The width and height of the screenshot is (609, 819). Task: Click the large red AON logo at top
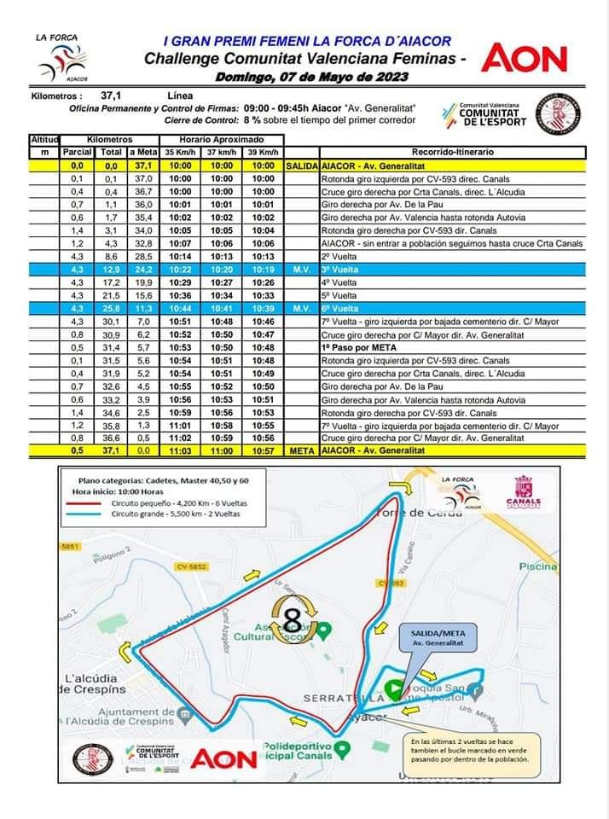pyautogui.click(x=525, y=58)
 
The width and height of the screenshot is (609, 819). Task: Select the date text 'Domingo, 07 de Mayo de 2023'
pyautogui.click(x=311, y=77)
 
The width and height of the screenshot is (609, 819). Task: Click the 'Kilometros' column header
pyautogui.click(x=108, y=138)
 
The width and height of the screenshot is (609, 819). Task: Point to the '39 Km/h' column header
pyautogui.click(x=264, y=152)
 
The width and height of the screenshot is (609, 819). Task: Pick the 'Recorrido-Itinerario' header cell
pyautogui.click(x=452, y=152)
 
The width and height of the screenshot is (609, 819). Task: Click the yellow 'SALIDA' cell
pyautogui.click(x=302, y=166)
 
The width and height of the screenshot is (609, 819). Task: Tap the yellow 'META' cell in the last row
pyautogui.click(x=302, y=450)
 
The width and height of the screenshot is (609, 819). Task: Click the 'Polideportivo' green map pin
pyautogui.click(x=342, y=749)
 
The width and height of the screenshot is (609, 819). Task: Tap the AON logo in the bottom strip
pyautogui.click(x=223, y=758)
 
